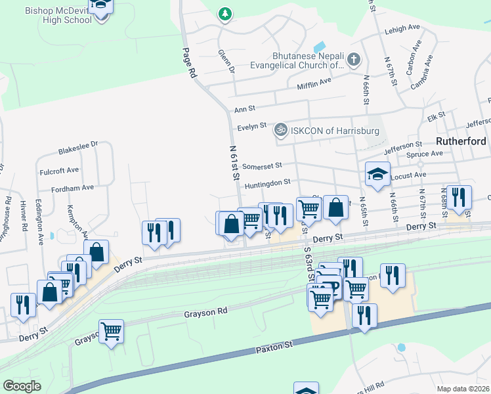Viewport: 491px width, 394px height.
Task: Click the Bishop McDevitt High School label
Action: [x=58, y=15]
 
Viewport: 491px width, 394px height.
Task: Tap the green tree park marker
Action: [x=225, y=13]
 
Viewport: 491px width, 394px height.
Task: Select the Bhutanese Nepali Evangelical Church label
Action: [x=297, y=60]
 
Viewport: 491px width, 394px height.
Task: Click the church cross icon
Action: [x=353, y=60]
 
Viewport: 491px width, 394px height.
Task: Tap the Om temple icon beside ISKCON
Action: [x=281, y=130]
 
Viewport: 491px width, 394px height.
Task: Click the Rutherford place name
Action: [x=461, y=141]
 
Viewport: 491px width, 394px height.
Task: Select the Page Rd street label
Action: [x=190, y=63]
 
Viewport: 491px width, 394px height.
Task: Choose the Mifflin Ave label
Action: [x=315, y=83]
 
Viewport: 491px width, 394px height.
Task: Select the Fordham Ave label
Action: [x=74, y=187]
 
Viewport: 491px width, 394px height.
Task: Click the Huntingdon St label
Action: [x=267, y=185]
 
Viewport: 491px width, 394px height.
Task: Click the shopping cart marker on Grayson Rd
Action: [x=111, y=331]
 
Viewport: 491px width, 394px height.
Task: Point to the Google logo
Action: [x=22, y=386]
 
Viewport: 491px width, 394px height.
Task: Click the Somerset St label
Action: [x=261, y=165]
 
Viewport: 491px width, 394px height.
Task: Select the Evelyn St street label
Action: [x=252, y=125]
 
